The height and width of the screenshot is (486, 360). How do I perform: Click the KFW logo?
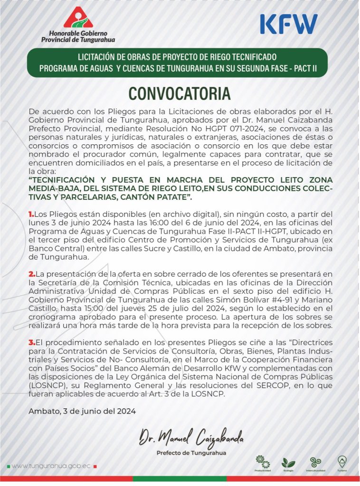[289, 23]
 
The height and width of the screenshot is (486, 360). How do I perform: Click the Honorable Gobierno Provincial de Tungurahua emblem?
[78, 18]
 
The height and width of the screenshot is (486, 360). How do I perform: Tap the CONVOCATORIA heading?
[180, 93]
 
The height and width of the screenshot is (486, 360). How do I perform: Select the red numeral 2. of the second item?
[32, 274]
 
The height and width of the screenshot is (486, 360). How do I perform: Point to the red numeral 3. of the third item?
[32, 343]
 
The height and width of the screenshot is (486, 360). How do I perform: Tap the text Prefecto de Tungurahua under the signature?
[191, 453]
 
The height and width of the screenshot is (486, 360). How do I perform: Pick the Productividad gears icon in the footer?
[262, 461]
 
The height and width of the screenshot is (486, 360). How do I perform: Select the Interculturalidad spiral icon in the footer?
[315, 462]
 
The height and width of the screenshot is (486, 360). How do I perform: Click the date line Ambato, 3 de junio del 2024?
[82, 411]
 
